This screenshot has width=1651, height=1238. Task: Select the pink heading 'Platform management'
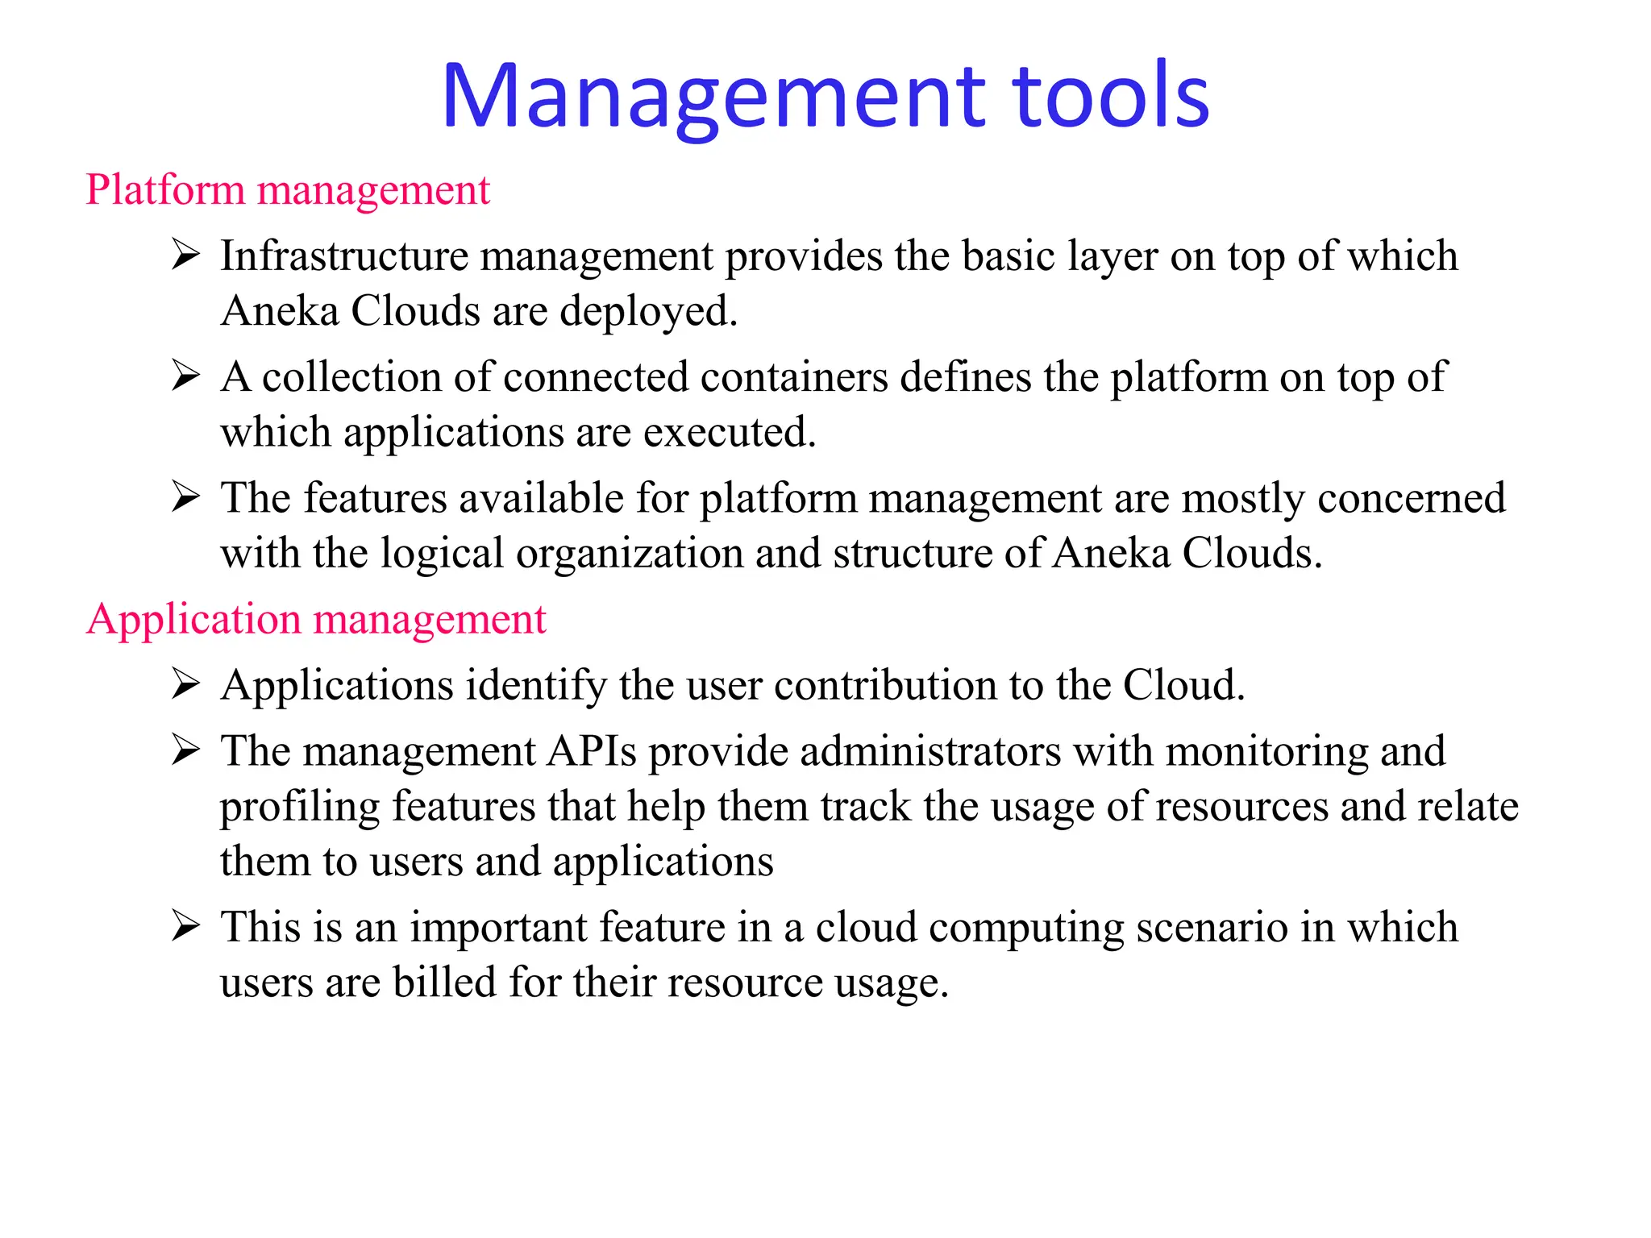288,190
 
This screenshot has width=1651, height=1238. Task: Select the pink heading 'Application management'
316,620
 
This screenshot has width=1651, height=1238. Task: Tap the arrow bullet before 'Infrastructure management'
185,255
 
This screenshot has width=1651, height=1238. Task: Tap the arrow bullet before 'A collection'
185,376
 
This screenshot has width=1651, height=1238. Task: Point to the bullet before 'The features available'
185,497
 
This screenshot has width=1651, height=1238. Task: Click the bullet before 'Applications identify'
185,685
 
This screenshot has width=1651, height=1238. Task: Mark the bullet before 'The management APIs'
185,751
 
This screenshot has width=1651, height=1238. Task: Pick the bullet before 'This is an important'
185,927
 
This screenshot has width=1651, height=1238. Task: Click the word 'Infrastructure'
344,256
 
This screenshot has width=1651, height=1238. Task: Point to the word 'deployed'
648,312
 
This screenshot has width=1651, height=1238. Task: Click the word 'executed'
729,433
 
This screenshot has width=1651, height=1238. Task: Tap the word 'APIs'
592,751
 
